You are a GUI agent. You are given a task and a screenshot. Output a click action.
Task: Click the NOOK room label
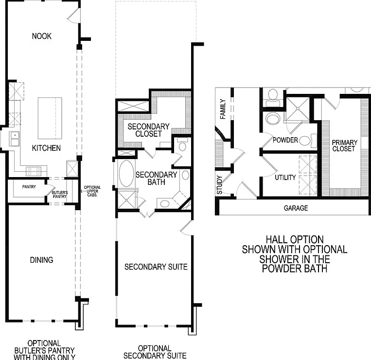(x=42, y=36)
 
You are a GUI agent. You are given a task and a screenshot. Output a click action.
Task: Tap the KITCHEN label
(x=46, y=148)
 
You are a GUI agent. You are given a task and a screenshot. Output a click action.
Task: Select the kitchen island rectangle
(x=50, y=118)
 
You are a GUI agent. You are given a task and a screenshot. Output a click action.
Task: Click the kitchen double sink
(x=14, y=139)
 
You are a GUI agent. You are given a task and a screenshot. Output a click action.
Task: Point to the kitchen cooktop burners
(x=34, y=171)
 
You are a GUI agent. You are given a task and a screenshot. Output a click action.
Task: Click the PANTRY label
(x=29, y=187)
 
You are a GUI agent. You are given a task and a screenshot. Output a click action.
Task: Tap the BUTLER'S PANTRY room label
(x=60, y=194)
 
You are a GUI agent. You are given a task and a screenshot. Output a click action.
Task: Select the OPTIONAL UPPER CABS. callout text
(x=92, y=191)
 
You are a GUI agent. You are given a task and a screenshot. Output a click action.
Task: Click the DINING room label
(x=41, y=260)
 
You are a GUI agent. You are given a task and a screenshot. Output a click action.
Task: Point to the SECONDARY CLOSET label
(x=149, y=130)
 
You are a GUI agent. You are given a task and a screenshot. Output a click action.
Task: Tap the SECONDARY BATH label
(x=156, y=178)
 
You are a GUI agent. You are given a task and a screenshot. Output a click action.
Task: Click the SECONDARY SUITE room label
(x=156, y=267)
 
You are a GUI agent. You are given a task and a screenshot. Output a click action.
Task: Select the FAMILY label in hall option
(x=223, y=109)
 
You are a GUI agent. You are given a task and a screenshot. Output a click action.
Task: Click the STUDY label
(x=219, y=185)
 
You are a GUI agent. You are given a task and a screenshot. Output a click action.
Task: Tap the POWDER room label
(x=285, y=140)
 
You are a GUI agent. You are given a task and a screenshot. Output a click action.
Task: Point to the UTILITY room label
(x=285, y=177)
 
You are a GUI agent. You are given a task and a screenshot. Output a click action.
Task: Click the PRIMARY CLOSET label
(x=344, y=145)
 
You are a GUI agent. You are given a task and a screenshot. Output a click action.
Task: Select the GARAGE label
(x=296, y=208)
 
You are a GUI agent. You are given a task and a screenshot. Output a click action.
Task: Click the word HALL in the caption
(x=278, y=239)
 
